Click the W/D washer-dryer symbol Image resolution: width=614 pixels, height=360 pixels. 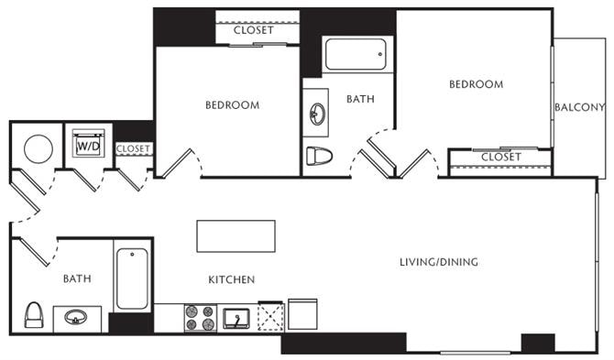(89, 144)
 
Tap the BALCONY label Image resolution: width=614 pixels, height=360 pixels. (579, 107)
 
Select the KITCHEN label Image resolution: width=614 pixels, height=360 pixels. (232, 279)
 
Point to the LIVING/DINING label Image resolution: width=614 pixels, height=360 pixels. (439, 262)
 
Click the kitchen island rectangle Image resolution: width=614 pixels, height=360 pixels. (236, 236)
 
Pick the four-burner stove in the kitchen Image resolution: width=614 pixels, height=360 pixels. (201, 318)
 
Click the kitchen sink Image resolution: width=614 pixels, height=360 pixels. (236, 319)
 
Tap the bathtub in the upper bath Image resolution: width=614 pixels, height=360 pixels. (356, 54)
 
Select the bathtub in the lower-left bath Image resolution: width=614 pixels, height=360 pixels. (132, 278)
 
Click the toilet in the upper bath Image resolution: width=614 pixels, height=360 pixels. (319, 156)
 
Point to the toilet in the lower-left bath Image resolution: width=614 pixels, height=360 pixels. (34, 314)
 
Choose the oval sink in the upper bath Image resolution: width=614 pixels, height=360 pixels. (317, 114)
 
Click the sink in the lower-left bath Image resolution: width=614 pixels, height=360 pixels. (76, 317)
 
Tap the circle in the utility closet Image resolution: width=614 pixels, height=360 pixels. (38, 148)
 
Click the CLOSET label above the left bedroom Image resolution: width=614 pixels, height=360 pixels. (253, 30)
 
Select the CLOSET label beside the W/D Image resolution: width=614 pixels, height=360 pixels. (133, 148)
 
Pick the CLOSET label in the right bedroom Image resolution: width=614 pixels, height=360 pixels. (501, 157)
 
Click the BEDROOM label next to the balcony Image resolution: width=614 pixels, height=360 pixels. (477, 84)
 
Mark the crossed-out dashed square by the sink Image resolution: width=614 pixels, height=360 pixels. (271, 317)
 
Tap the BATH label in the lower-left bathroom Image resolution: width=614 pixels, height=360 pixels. (77, 278)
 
